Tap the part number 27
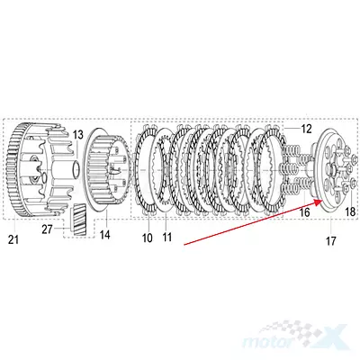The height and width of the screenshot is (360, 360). [x=47, y=229]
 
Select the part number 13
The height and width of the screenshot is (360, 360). [x=77, y=135]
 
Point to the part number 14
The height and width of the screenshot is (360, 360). [x=104, y=235]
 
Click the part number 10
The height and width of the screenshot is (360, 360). [x=148, y=238]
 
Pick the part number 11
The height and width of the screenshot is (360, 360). [x=167, y=237]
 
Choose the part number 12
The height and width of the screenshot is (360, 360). [x=306, y=129]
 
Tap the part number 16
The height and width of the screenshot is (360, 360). [x=304, y=212]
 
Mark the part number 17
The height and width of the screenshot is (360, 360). [x=330, y=241]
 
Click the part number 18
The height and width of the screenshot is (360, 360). [x=350, y=211]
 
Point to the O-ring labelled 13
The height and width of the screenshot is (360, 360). [x=76, y=168]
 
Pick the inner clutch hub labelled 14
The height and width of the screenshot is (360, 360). [x=107, y=169]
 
